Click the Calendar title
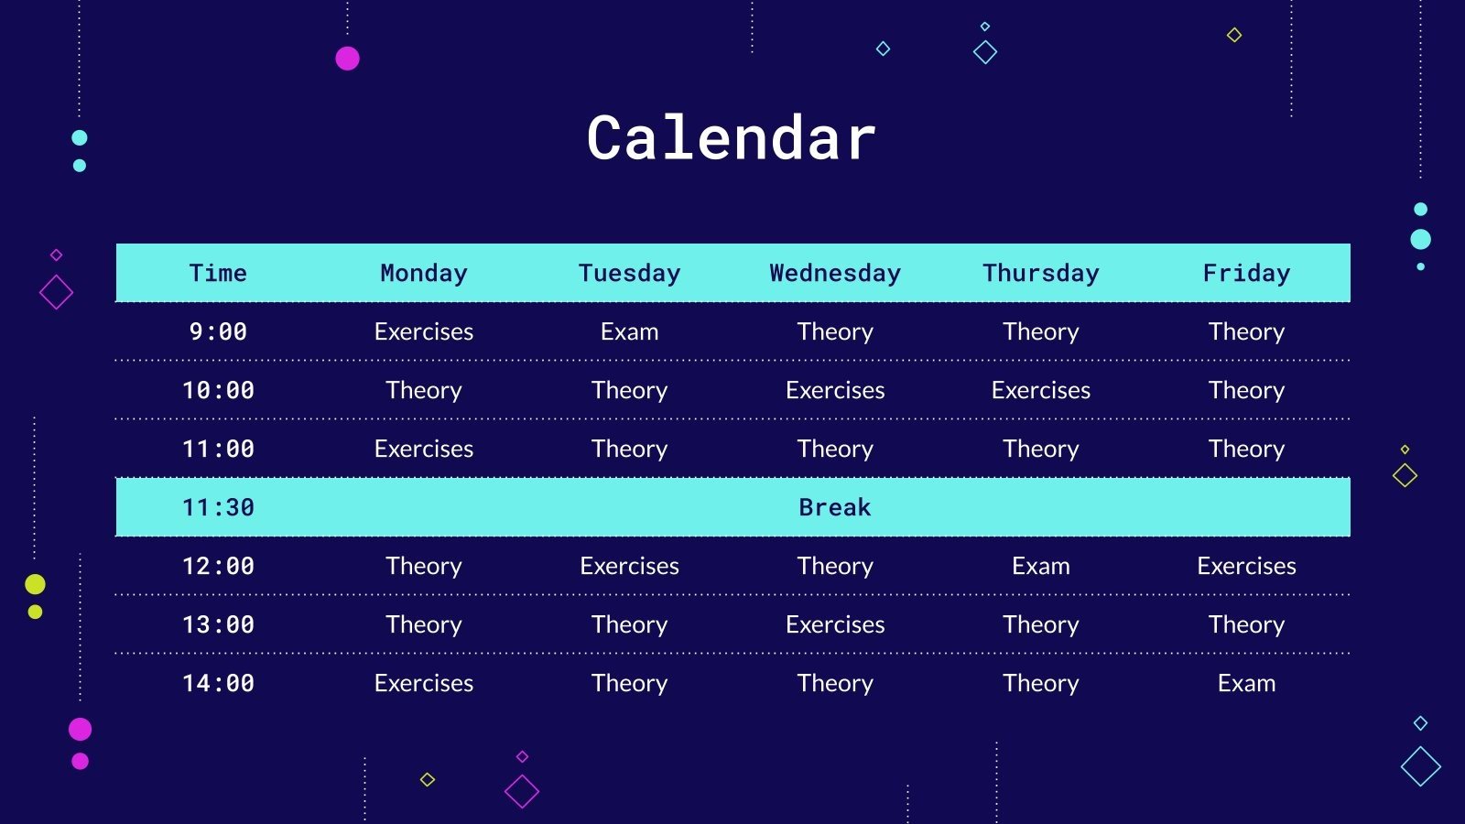click(x=731, y=138)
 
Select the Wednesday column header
click(x=835, y=273)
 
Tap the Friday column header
click(x=1246, y=273)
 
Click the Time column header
click(x=218, y=273)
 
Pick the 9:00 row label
click(x=218, y=331)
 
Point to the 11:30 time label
click(x=218, y=507)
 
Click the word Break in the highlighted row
click(x=834, y=507)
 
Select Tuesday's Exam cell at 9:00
click(x=629, y=331)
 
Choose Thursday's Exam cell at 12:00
click(x=1040, y=566)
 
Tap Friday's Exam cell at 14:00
click(x=1246, y=683)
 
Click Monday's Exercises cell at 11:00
click(x=424, y=449)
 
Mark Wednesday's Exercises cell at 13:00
click(x=835, y=624)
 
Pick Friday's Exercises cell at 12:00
click(x=1246, y=566)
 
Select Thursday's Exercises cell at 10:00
click(x=1040, y=390)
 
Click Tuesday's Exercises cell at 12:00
click(x=629, y=566)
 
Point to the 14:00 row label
click(x=218, y=683)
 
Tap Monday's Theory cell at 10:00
click(x=424, y=390)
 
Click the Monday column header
click(x=424, y=273)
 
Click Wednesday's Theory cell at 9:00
click(x=835, y=331)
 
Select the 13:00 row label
click(x=218, y=624)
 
